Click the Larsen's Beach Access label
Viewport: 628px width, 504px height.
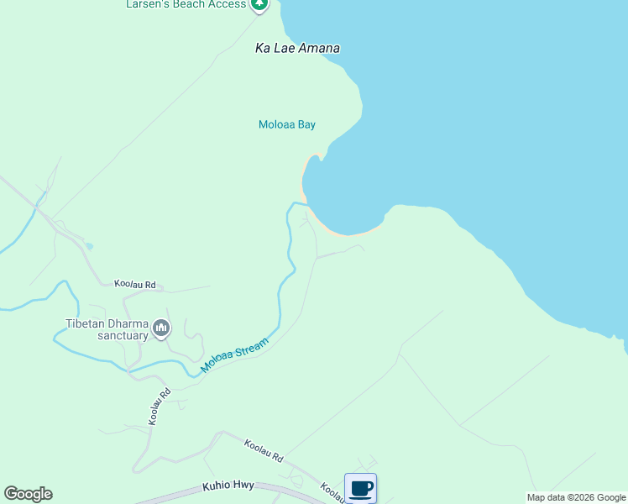(186, 4)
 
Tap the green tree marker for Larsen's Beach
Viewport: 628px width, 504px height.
(259, 4)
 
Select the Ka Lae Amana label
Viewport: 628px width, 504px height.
(297, 49)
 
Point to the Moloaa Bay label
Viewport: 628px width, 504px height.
(286, 125)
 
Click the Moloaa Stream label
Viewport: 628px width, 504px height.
(234, 356)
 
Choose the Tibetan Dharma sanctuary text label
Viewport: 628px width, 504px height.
(107, 329)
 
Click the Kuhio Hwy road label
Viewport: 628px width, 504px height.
(228, 486)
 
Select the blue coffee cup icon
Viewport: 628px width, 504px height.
(361, 488)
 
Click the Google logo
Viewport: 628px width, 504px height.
(28, 494)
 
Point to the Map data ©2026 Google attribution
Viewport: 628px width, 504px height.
(576, 497)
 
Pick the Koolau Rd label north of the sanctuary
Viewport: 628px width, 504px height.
(136, 286)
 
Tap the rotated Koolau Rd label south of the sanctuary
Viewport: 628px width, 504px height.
(160, 406)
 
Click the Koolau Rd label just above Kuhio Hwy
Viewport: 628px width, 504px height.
(264, 450)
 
